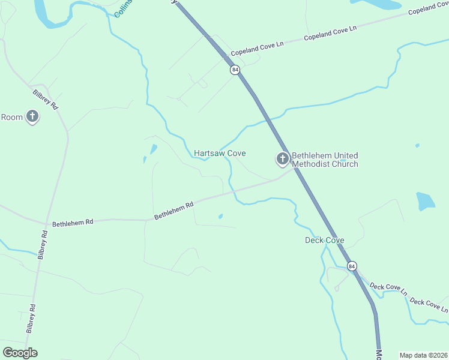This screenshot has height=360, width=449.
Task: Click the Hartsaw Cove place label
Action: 219,154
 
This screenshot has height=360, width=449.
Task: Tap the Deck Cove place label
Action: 324,241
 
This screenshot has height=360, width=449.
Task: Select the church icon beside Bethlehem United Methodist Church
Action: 282,159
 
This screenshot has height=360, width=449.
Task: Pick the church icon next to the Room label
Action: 32,117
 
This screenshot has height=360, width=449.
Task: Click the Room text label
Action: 11,117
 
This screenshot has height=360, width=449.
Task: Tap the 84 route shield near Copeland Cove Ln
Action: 235,70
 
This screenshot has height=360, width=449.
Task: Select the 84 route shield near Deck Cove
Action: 352,265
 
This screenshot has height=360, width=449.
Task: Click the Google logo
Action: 20,353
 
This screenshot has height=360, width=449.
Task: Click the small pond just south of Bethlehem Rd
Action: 221,217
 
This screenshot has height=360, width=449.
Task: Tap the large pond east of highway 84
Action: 425,201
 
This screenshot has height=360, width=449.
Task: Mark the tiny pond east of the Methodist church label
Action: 417,145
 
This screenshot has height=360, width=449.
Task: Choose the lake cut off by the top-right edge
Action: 378,4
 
